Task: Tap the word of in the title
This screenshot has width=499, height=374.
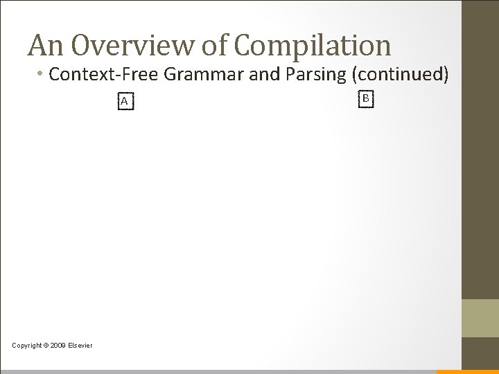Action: click(216, 46)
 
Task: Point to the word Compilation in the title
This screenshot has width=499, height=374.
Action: click(313, 46)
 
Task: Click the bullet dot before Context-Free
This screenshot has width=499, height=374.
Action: click(43, 74)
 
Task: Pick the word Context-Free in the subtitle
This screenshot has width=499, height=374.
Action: click(105, 74)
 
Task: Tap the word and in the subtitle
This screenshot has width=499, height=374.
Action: click(265, 74)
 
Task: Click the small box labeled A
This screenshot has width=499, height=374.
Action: click(124, 102)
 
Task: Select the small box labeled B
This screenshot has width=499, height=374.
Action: click(366, 99)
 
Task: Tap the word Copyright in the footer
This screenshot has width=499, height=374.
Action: click(27, 346)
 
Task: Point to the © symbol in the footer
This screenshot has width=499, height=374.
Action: click(47, 346)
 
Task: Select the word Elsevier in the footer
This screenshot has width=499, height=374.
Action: click(80, 346)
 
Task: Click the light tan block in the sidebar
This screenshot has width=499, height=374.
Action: click(480, 318)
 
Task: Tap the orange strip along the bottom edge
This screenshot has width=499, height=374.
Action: click(467, 371)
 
